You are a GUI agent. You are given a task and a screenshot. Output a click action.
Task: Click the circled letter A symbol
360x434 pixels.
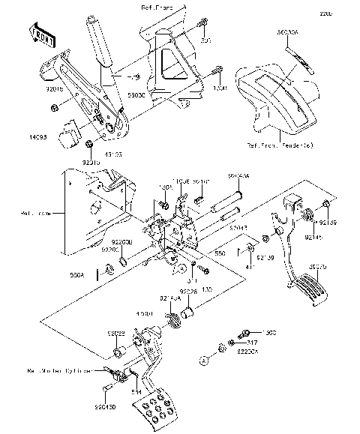click(x=202, y=361)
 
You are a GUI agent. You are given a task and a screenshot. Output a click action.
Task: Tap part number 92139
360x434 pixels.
click(x=264, y=257)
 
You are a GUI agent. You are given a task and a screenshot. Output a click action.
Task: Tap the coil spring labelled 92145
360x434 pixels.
click(x=307, y=217)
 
